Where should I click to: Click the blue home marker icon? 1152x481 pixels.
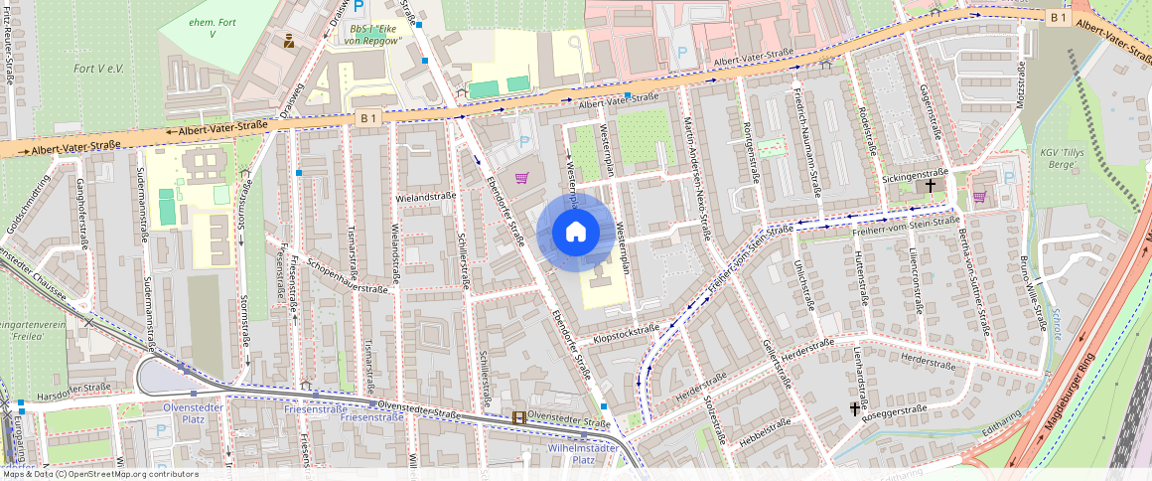[x=575, y=233]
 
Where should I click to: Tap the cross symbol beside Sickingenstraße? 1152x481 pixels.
[x=931, y=185]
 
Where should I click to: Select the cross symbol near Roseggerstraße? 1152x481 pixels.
[x=854, y=408]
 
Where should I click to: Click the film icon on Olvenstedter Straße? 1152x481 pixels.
[x=517, y=418]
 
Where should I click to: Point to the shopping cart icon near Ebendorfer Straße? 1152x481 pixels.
[x=521, y=178]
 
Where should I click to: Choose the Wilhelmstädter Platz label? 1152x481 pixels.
[x=585, y=453]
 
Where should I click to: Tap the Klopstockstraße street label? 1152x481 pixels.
[x=626, y=334]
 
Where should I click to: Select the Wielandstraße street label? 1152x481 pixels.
[x=425, y=197]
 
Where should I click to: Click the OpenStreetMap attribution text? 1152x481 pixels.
[x=100, y=474]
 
